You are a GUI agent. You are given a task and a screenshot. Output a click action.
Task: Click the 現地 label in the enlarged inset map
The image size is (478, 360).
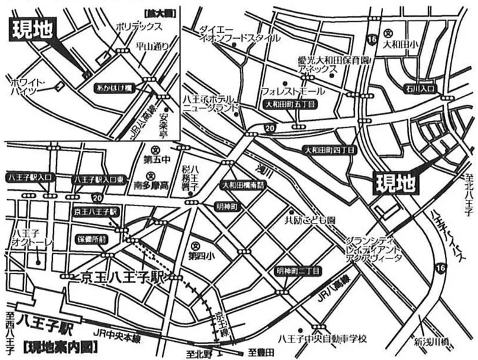coord(30,28)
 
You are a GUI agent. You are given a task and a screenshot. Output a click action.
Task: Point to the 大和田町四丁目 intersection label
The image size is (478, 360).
coord(329,149)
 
